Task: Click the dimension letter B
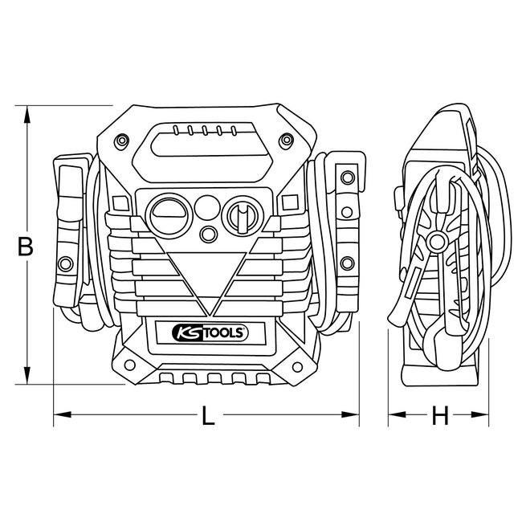point(26,247)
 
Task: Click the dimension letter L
point(208,416)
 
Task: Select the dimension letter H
point(438,416)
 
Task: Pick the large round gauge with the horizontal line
point(169,214)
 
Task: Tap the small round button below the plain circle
point(208,234)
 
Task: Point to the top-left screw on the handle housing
point(120,141)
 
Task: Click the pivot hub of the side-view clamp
point(438,239)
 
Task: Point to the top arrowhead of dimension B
point(29,112)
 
